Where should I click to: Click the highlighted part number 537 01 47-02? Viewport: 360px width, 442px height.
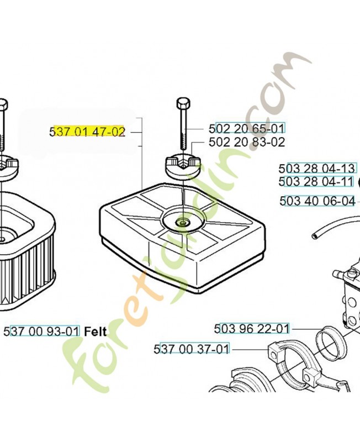87,131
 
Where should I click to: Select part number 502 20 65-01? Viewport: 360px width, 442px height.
247,128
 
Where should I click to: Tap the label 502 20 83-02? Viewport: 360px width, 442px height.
247,142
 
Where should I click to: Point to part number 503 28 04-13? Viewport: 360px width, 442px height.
316,169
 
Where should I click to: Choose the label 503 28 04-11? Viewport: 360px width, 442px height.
316,181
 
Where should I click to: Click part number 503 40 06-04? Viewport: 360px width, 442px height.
317,201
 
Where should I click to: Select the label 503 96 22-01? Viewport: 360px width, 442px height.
252,329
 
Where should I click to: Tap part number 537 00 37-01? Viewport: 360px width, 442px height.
192,349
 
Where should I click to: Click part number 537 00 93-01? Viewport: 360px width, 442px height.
42,331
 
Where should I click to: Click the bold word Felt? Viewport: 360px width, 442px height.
96,331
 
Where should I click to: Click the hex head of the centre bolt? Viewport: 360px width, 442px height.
183,103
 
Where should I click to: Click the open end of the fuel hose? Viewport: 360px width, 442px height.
314,236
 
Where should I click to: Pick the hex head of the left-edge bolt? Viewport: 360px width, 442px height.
3,104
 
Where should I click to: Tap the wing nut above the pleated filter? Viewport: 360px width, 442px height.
8,169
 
